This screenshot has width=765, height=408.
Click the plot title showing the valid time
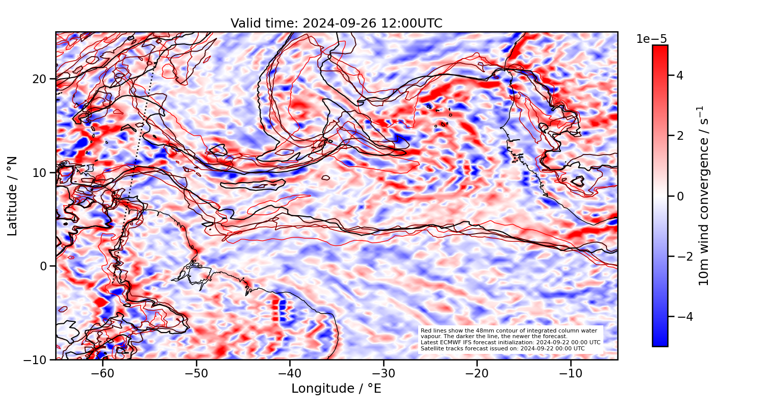click(x=336, y=23)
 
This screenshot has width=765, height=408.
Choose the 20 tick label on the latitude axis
click(x=40, y=79)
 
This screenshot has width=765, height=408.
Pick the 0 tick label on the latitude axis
click(x=43, y=266)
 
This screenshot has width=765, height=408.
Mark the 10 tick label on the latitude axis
click(x=40, y=172)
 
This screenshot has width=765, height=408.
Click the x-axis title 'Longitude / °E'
click(x=336, y=389)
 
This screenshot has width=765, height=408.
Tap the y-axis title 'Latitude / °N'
click(x=13, y=196)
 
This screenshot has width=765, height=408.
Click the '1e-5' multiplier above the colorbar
click(x=651, y=39)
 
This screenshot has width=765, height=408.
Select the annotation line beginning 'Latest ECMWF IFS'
click(x=510, y=342)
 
